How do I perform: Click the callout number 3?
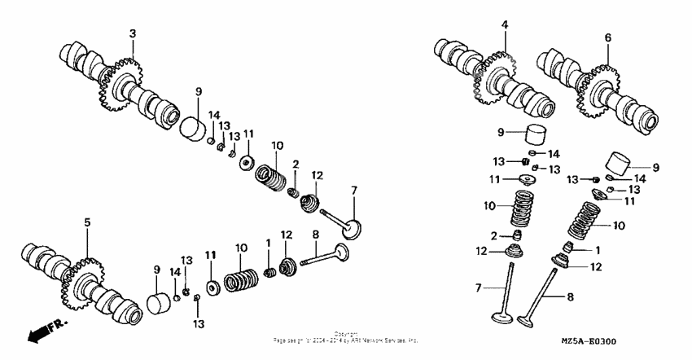133,33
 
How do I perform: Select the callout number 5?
87,222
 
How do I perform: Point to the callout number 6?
607,37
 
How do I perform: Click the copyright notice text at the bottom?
346,337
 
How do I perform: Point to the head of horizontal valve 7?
351,228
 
